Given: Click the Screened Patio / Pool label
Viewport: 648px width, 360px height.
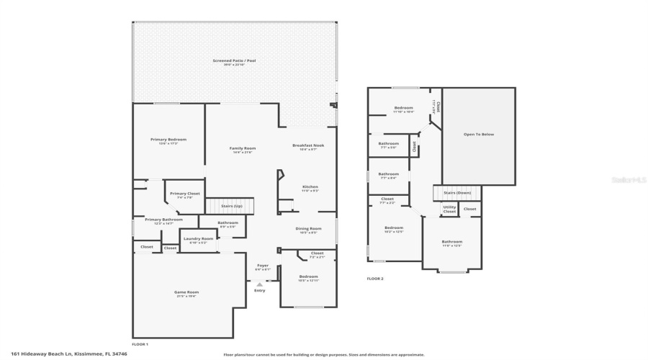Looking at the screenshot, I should point(234,61).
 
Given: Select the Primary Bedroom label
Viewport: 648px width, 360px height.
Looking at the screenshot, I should point(168,140).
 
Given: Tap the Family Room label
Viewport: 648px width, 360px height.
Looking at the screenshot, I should point(243,148).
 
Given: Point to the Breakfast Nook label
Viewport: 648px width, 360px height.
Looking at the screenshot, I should point(308,145).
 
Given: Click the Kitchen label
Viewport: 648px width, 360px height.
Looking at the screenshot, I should point(310,187).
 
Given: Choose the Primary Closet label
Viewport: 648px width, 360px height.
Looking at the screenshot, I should point(184,194).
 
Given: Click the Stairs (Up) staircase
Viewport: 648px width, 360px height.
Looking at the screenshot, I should point(230,206).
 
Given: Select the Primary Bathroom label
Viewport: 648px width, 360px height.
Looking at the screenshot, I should point(163,220).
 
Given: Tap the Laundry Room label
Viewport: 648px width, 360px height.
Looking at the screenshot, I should point(198,239).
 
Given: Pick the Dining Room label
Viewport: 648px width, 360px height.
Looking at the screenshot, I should point(308,230).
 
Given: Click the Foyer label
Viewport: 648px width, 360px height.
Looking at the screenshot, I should point(263,266).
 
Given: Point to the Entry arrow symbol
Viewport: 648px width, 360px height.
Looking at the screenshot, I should point(259,284).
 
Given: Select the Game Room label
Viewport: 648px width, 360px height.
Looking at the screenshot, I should point(186,292).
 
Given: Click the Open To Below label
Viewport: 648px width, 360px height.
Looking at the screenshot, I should point(479,135).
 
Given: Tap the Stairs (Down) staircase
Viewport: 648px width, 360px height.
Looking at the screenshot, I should point(457,193).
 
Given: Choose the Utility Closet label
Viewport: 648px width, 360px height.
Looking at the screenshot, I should point(449,210).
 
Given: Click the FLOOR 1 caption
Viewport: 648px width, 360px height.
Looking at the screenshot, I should point(140,344).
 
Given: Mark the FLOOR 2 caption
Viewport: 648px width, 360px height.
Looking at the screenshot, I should point(375,279).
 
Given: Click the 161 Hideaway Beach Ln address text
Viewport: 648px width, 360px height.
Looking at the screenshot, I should point(69,354).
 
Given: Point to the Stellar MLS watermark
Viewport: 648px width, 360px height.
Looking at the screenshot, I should point(629,180).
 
